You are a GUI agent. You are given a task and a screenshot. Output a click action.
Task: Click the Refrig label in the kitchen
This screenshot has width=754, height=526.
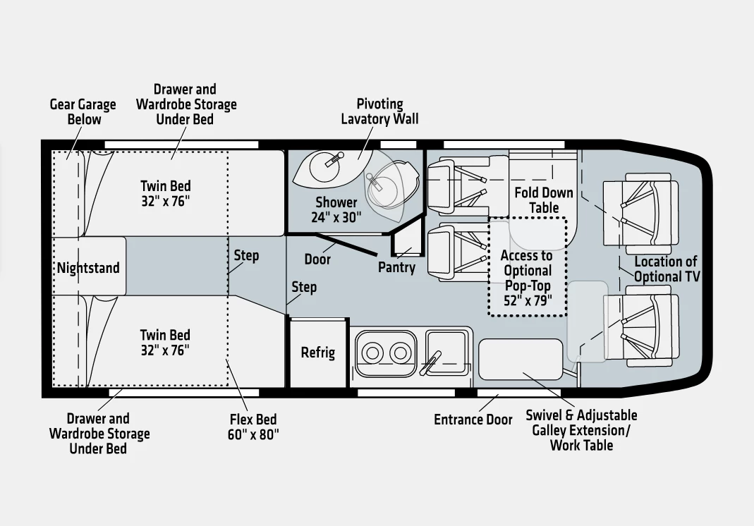pos(317,353)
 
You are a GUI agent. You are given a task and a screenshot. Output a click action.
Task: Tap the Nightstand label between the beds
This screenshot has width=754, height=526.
pos(88,268)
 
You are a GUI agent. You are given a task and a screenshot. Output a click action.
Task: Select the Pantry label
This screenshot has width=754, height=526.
pos(396,267)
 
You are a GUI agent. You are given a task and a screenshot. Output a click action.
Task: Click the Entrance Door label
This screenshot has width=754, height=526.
pos(473,420)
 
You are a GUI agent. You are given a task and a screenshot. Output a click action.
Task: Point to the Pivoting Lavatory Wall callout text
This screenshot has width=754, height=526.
pos(379,111)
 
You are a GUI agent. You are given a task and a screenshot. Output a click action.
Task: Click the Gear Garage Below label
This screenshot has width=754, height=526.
pos(83,111)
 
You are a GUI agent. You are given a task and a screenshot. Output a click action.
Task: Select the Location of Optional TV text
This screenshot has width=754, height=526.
pos(666,269)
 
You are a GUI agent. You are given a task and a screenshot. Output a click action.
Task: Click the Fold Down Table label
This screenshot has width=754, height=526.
pos(543,200)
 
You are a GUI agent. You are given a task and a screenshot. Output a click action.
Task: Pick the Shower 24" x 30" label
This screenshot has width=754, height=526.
pos(336,210)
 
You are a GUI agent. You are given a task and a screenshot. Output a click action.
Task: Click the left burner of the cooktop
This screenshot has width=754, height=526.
pos(370,352)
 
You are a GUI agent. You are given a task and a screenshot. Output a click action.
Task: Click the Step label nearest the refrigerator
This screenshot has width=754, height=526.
pos(304,287)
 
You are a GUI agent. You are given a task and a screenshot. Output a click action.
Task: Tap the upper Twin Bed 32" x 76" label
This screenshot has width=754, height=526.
pos(165,193)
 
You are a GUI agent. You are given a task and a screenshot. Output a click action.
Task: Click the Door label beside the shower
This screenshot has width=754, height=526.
pos(317,259)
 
